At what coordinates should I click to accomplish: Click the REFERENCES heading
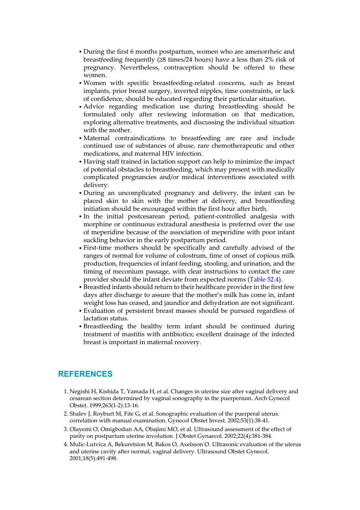click(85, 374)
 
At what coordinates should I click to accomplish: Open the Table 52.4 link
click(264, 279)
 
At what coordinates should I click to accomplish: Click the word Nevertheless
click(140, 67)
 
